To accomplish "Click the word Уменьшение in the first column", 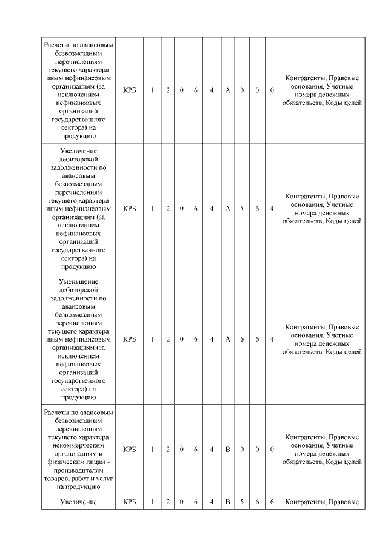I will (x=79, y=281).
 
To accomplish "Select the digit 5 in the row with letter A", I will (x=242, y=209).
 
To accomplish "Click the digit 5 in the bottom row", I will (x=242, y=502).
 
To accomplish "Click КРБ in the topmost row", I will (x=130, y=90).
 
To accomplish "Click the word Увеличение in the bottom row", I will (x=79, y=502).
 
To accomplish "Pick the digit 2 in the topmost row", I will (x=168, y=90).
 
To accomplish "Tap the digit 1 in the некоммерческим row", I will (x=153, y=449).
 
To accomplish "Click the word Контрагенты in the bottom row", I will (x=305, y=502).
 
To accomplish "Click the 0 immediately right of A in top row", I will (x=242, y=90).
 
